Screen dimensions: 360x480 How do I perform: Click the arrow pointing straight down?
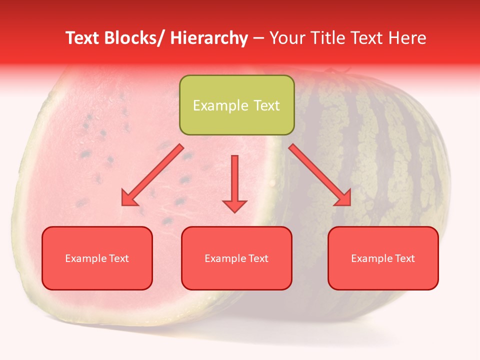tap(234, 182)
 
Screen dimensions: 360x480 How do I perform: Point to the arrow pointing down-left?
tap(152, 175)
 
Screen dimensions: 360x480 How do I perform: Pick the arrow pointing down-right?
tap(320, 175)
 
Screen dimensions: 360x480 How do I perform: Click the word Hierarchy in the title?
tap(209, 38)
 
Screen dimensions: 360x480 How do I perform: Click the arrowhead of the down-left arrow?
tap(129, 199)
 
